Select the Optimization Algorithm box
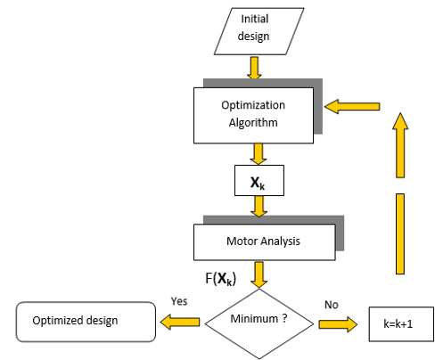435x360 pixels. (x=253, y=113)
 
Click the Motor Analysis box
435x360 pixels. (x=264, y=239)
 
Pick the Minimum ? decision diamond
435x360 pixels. (x=259, y=318)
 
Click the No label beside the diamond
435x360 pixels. (x=332, y=304)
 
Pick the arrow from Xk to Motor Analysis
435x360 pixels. (x=259, y=207)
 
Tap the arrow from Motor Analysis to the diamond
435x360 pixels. (x=259, y=274)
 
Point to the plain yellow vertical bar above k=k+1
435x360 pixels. (x=400, y=233)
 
